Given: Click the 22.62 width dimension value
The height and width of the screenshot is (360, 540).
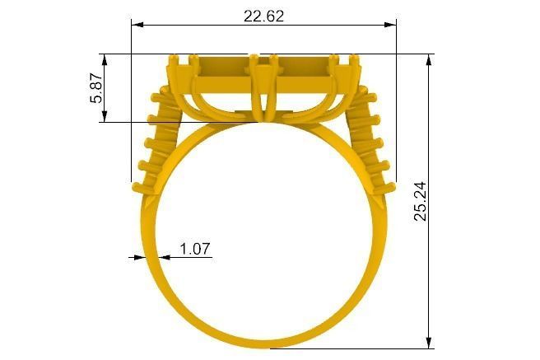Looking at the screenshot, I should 263,15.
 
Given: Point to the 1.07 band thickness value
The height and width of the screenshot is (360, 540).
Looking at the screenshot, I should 195,248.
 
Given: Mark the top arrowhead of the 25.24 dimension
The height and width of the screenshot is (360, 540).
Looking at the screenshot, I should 429,60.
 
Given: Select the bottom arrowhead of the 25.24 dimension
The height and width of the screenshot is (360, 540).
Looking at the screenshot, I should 429,342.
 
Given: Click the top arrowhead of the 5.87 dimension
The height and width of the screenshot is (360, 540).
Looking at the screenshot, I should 104,60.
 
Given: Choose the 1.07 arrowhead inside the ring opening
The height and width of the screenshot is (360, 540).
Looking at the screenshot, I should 165,257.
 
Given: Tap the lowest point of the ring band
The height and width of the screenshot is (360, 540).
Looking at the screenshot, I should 264,342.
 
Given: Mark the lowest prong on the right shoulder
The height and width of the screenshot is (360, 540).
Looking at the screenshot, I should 387,183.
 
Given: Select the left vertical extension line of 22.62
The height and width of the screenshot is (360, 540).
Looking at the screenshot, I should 132,99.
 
